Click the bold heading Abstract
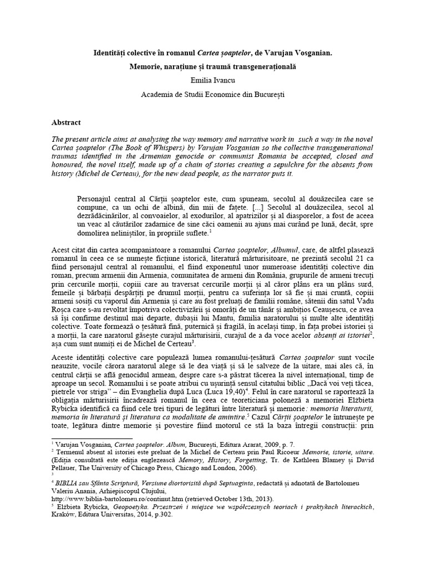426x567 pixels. (67, 122)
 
